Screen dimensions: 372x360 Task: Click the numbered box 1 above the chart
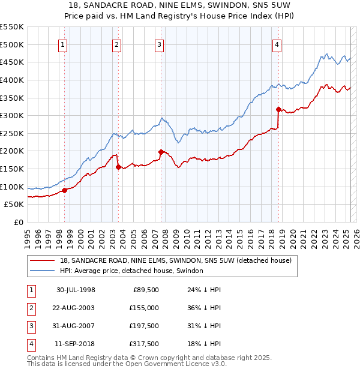point(63,44)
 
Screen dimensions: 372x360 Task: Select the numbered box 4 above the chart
point(277,44)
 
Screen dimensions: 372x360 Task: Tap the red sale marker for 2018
point(278,109)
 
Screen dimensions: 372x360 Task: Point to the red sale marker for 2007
point(161,152)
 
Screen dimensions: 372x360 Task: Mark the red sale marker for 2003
point(118,167)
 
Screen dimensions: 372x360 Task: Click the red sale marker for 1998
point(65,190)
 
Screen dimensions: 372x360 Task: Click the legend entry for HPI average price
point(131,271)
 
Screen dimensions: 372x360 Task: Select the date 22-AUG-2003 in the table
point(76,308)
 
